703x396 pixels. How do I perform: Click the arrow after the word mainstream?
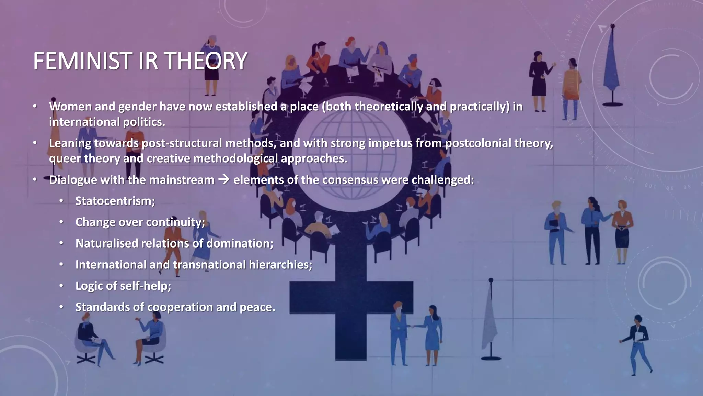click(224, 179)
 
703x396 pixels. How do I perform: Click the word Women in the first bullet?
click(70, 107)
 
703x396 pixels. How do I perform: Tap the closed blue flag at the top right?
click(612, 65)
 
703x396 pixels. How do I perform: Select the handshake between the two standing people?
click(416, 326)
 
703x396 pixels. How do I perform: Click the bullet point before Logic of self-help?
click(61, 286)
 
